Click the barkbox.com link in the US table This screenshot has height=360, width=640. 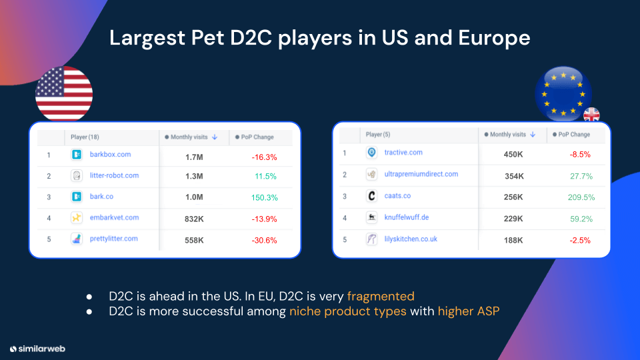click(110, 155)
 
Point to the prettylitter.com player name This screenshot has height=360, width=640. click(113, 239)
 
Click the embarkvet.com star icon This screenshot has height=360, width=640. click(77, 217)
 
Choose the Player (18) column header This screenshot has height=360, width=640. click(85, 137)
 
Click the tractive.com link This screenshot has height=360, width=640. click(403, 153)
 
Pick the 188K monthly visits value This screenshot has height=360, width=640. click(513, 240)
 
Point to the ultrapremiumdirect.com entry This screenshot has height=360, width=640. click(421, 174)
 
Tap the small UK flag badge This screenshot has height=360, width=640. click(591, 115)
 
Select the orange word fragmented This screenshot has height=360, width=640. click(381, 296)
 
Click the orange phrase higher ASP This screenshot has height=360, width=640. click(468, 311)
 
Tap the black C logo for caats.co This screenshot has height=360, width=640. click(372, 197)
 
